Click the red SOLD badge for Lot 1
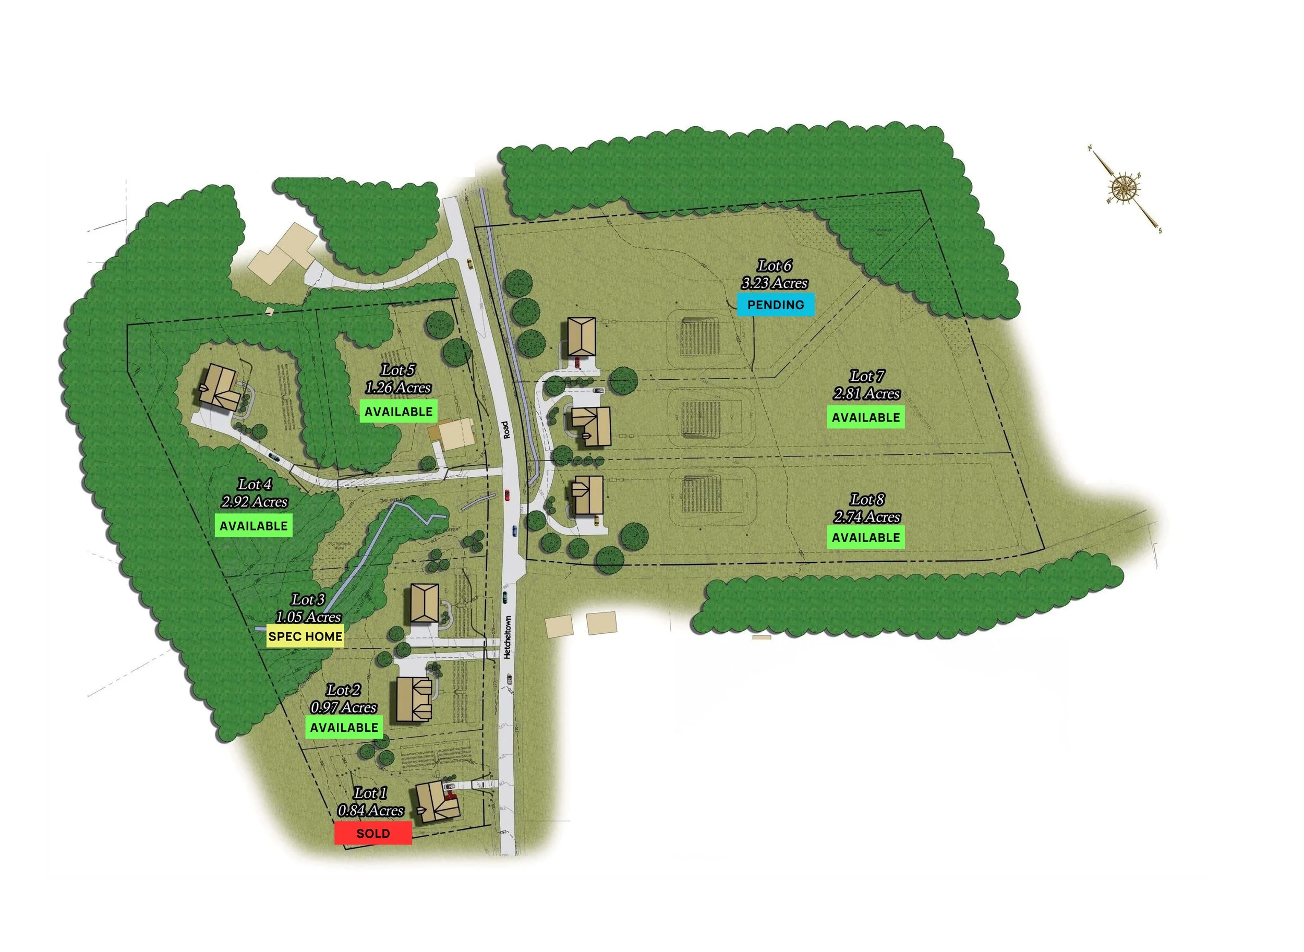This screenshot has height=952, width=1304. coord(373,833)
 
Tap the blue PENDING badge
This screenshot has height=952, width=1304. coord(775,305)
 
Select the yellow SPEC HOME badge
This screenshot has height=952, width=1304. coord(305,636)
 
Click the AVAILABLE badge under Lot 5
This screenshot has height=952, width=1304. coord(398,412)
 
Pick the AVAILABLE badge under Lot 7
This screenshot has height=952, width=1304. coord(865,417)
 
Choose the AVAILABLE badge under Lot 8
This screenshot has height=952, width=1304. coord(865,537)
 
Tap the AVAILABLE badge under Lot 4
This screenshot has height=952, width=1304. coord(253,526)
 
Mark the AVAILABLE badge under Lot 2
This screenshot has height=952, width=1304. coord(344,727)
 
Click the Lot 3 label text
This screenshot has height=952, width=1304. coord(308,600)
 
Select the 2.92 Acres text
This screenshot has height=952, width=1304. coord(254,502)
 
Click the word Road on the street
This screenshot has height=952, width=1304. coord(505,429)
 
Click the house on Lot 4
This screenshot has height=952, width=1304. coord(220,387)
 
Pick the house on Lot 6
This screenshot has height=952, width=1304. coord(582,337)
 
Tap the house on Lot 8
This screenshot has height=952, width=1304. coord(588,495)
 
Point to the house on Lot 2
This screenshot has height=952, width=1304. coord(414,699)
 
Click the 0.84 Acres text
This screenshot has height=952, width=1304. coord(370,811)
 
